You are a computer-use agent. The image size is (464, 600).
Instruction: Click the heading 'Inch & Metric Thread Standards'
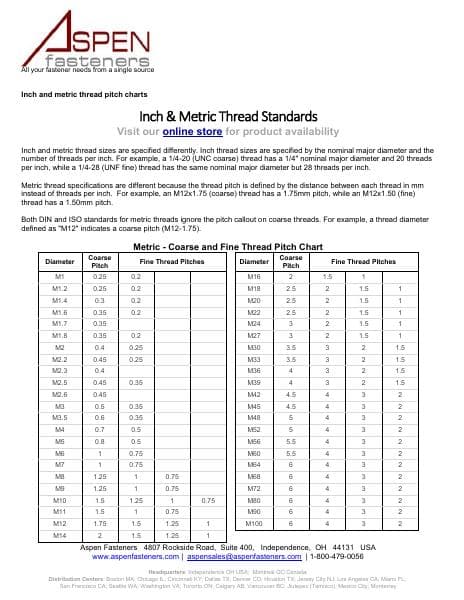point(231,115)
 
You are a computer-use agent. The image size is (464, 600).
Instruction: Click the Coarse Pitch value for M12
point(100,523)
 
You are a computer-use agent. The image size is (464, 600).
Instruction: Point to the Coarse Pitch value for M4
point(100,428)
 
